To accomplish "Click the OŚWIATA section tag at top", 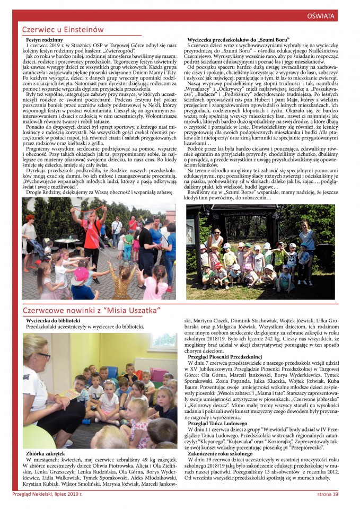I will pos(321,16).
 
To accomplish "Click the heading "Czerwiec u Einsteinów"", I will pos(63,30).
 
